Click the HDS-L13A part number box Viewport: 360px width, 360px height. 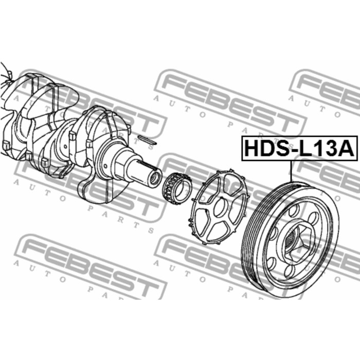(300, 148)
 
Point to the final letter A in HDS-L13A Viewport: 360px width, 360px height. (346, 149)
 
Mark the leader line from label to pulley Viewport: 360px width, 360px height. (291, 171)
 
